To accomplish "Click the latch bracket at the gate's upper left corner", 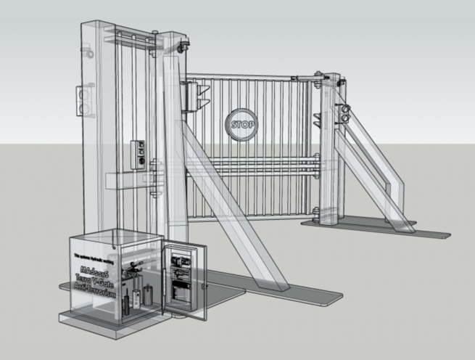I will (x=196, y=94).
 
